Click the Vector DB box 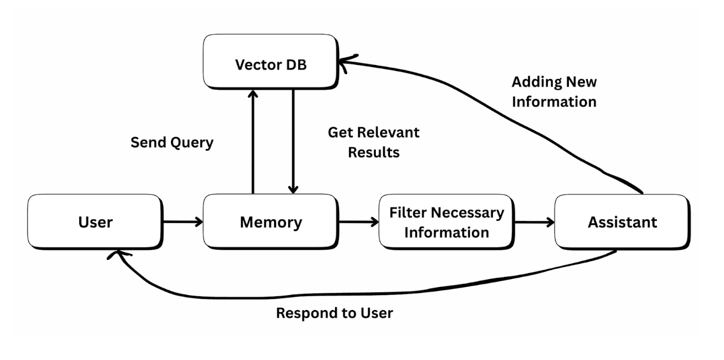(x=271, y=63)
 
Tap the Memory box (x=271, y=222)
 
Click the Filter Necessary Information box (x=446, y=222)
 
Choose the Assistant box (x=622, y=222)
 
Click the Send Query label (x=172, y=143)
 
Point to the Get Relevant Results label (x=373, y=142)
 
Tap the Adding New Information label (x=554, y=91)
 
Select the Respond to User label (x=334, y=313)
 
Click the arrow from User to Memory (x=183, y=222)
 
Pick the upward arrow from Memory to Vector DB (x=253, y=143)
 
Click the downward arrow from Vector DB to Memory (x=293, y=143)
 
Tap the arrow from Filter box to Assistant (x=534, y=222)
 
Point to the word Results (x=373, y=152)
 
